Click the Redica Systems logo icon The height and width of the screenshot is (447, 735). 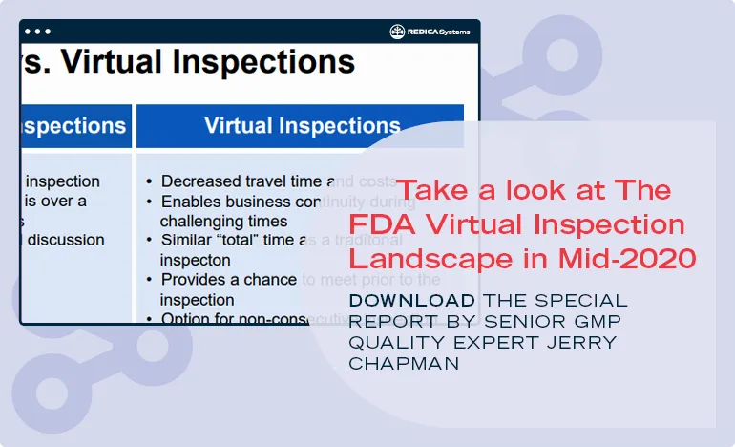pos(397,32)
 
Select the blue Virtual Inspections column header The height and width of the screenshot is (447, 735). pos(302,126)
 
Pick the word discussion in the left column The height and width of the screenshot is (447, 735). pos(65,240)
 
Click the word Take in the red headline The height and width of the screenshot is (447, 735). pos(435,190)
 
